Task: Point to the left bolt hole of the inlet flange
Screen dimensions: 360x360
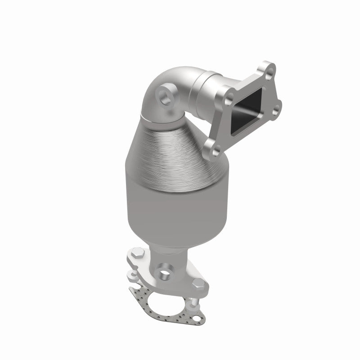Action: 230,95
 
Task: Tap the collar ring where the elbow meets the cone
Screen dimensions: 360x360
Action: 162,117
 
